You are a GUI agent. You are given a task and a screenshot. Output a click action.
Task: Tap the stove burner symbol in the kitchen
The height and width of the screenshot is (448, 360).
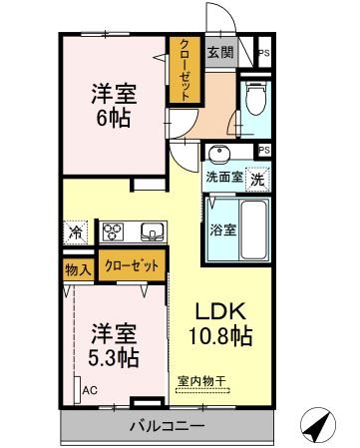113,231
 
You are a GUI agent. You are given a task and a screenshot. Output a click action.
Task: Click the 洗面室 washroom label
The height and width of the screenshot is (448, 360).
224,179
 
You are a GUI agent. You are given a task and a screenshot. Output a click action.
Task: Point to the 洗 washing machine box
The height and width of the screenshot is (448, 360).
257,180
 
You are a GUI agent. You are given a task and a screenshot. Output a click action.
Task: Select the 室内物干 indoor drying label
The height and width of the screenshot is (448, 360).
202,381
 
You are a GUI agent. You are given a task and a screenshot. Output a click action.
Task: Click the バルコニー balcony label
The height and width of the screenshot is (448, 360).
166,426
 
